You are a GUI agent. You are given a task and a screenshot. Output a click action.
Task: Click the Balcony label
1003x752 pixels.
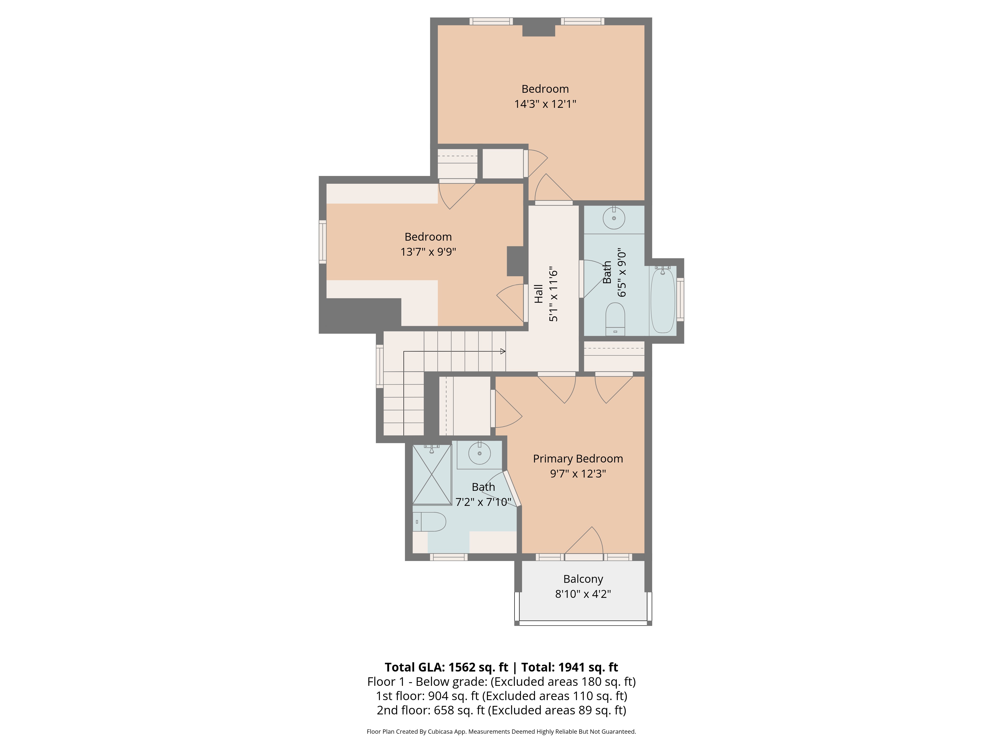pos(583,579)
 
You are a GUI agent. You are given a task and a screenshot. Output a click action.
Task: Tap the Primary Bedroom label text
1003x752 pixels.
pos(578,459)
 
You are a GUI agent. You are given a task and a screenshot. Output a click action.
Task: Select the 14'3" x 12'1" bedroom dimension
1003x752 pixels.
pos(545,104)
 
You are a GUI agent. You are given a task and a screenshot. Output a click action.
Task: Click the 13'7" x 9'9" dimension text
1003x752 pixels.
pos(428,252)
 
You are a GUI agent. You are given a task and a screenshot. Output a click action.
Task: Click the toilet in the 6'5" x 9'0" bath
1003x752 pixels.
pos(615,319)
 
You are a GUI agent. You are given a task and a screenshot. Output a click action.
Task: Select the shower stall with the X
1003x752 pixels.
pos(432,475)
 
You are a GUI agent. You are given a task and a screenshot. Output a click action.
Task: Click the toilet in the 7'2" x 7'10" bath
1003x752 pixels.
pos(430,522)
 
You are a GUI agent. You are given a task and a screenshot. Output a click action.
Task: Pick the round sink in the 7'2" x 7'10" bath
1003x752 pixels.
pos(479,453)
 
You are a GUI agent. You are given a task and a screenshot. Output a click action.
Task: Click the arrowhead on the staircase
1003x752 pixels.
pos(503,351)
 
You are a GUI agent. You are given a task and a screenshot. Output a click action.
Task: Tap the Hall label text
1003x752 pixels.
pos(538,294)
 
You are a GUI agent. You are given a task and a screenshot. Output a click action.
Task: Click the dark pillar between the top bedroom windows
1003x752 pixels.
pos(539,30)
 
